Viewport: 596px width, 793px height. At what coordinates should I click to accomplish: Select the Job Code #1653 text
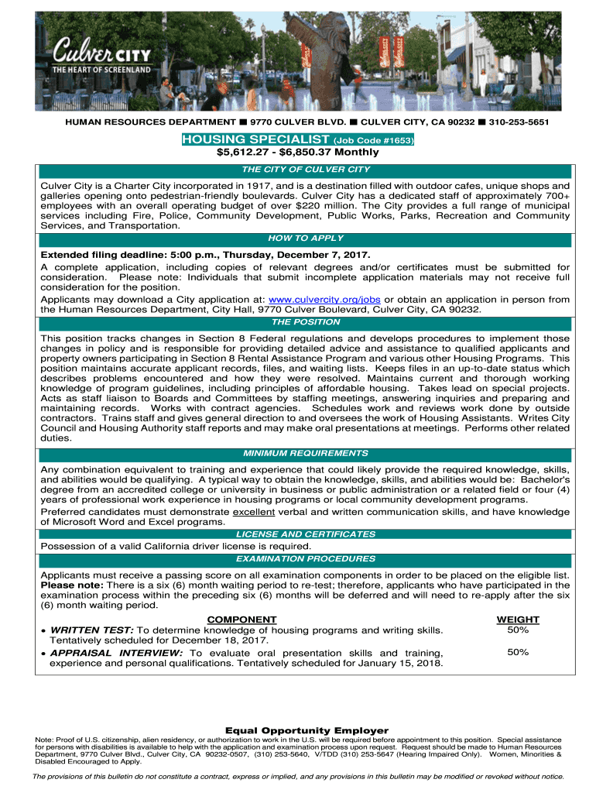[373, 141]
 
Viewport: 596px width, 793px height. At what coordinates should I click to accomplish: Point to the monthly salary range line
[297, 153]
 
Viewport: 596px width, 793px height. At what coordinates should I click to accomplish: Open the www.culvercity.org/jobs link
[324, 300]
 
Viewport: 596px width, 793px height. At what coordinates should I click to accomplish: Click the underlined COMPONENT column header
[241, 620]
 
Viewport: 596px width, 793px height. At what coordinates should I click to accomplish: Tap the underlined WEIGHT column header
[518, 620]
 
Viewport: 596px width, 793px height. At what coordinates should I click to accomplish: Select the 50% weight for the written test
[518, 630]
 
